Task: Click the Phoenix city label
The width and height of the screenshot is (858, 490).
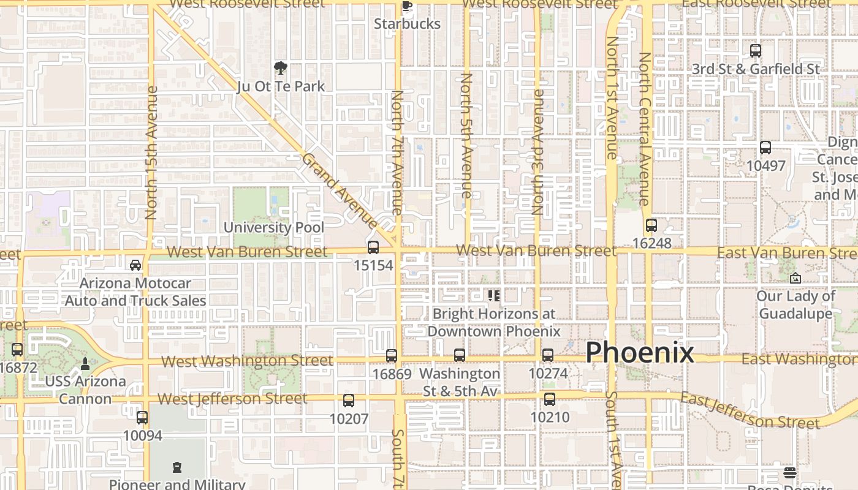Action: (x=640, y=353)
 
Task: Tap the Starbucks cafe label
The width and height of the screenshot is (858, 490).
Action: (x=407, y=24)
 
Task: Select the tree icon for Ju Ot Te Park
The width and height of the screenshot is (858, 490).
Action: (x=281, y=67)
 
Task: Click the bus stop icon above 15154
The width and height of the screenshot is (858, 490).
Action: (x=373, y=247)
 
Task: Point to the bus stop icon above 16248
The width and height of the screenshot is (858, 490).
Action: (x=651, y=225)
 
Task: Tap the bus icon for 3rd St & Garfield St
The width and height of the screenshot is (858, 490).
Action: (x=756, y=51)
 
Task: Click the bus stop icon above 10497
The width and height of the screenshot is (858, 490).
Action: (x=765, y=148)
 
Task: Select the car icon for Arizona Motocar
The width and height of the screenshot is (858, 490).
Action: (x=135, y=265)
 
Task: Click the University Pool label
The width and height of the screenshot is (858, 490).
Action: (x=274, y=227)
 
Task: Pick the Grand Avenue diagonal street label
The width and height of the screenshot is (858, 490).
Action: (x=340, y=191)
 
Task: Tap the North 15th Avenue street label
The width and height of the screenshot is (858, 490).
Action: (x=152, y=153)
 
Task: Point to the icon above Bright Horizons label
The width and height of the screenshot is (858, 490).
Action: (x=494, y=296)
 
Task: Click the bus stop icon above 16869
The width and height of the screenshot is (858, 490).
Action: (x=392, y=355)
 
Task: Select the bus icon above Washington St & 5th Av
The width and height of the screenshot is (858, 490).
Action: (x=460, y=355)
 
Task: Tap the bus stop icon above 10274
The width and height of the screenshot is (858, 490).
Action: (x=548, y=355)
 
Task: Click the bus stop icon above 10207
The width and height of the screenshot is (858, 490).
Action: (x=349, y=401)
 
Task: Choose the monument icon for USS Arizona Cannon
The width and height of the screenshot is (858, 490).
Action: (x=85, y=364)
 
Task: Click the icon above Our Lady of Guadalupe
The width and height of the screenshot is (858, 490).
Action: (x=795, y=278)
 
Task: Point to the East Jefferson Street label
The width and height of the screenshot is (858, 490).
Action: (x=750, y=412)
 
